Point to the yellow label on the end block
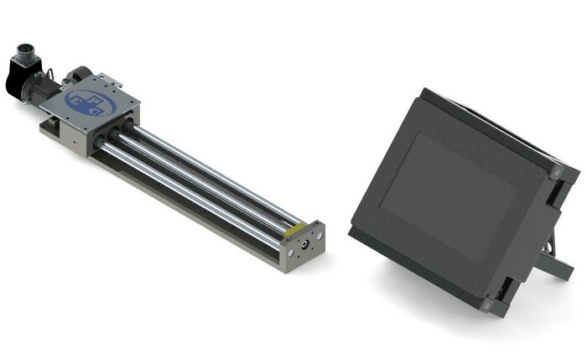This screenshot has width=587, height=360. (x=295, y=228)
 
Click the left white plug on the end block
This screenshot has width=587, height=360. (x=288, y=250)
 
